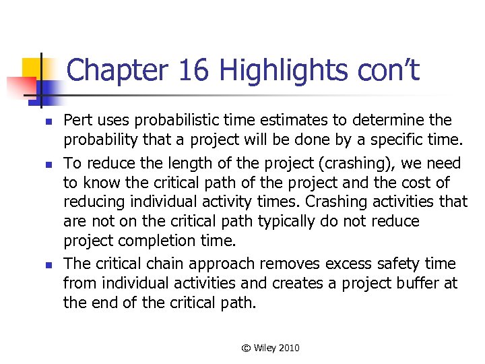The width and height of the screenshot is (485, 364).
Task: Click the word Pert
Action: point(77,120)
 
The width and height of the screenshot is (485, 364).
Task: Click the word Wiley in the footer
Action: point(267,348)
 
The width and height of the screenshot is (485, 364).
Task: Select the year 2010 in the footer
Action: point(290,348)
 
